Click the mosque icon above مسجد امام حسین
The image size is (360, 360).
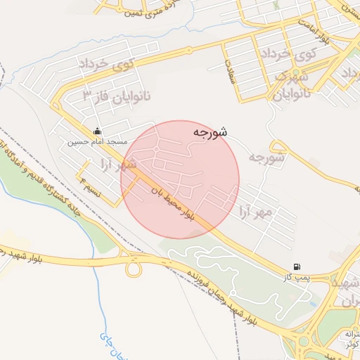[x=97, y=131]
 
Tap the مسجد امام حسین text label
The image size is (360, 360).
[x=97, y=141]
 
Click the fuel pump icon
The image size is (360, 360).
[x=298, y=267]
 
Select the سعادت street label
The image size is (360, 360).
[x=230, y=70]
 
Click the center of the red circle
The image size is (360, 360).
[x=180, y=179]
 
